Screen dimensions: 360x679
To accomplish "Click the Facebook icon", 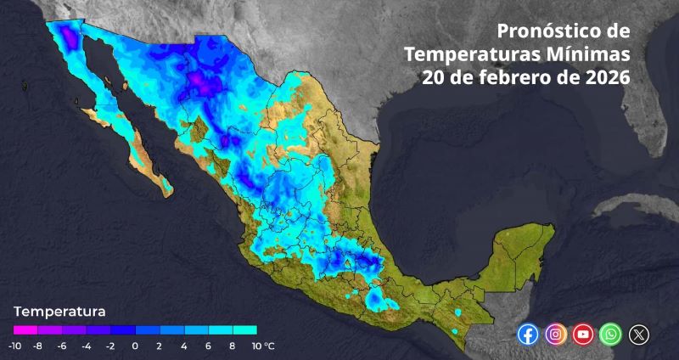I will coord(528,335).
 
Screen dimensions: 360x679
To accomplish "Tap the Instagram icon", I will coord(556,335).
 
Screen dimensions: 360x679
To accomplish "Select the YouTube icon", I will coord(583,335).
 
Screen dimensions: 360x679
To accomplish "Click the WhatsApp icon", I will coord(610,335).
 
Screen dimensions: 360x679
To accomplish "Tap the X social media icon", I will coord(638,335).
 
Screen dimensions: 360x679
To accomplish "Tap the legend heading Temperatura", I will coord(59,311).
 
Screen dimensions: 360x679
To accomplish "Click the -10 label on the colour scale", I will coord(14,346).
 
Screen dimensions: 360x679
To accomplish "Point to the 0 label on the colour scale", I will coord(135,346).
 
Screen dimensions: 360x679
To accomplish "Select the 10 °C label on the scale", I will coord(261,346).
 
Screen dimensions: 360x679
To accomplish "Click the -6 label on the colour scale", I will coord(62,346).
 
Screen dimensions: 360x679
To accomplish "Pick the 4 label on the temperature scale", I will coord(183,346).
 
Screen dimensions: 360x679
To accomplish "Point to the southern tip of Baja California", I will coord(165,188).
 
